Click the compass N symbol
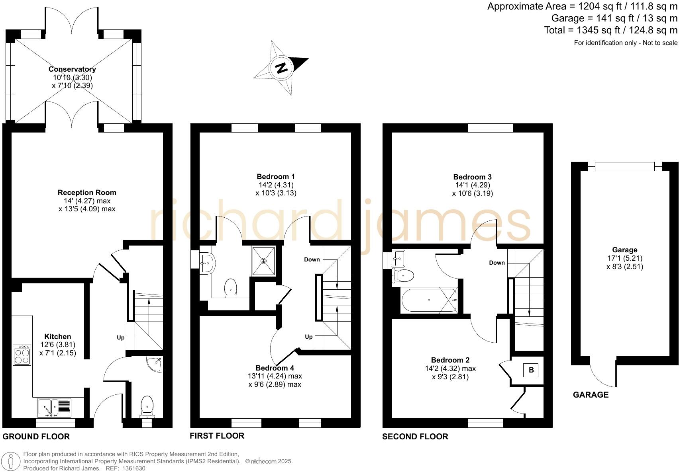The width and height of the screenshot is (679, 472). (x=282, y=68)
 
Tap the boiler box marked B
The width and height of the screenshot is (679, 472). (x=531, y=370)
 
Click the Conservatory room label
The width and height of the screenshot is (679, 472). (x=72, y=69)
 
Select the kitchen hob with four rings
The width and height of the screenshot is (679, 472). (x=22, y=355)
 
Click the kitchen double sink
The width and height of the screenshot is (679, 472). (x=54, y=408)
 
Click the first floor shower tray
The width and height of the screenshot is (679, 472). (x=263, y=261)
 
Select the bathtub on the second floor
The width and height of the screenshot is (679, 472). (x=429, y=300)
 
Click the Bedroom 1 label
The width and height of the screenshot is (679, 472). (x=276, y=176)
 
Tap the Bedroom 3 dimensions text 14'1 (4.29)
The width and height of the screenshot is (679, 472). (x=473, y=185)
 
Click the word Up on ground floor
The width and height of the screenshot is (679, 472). (x=120, y=337)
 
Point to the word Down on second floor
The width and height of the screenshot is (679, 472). (x=497, y=263)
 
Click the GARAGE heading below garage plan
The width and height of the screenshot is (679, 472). (x=591, y=395)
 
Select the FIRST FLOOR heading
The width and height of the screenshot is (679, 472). (x=217, y=436)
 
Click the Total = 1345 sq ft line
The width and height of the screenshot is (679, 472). (x=610, y=30)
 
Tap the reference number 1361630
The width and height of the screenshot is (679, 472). (x=131, y=468)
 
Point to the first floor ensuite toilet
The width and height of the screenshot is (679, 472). (x=231, y=287)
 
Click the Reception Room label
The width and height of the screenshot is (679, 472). (x=87, y=192)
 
